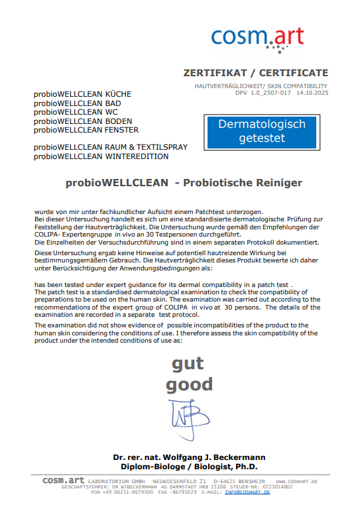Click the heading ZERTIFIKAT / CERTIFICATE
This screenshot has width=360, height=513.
[255, 73]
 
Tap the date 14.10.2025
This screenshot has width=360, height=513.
[312, 93]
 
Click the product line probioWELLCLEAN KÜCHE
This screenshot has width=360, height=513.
[83, 94]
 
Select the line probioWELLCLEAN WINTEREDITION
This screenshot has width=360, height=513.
[101, 156]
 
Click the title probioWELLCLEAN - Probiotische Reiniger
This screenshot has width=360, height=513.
[183, 182]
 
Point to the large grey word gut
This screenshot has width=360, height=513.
[188, 363]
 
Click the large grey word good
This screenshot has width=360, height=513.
[189, 384]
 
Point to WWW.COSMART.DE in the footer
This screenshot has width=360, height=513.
[297, 481]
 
